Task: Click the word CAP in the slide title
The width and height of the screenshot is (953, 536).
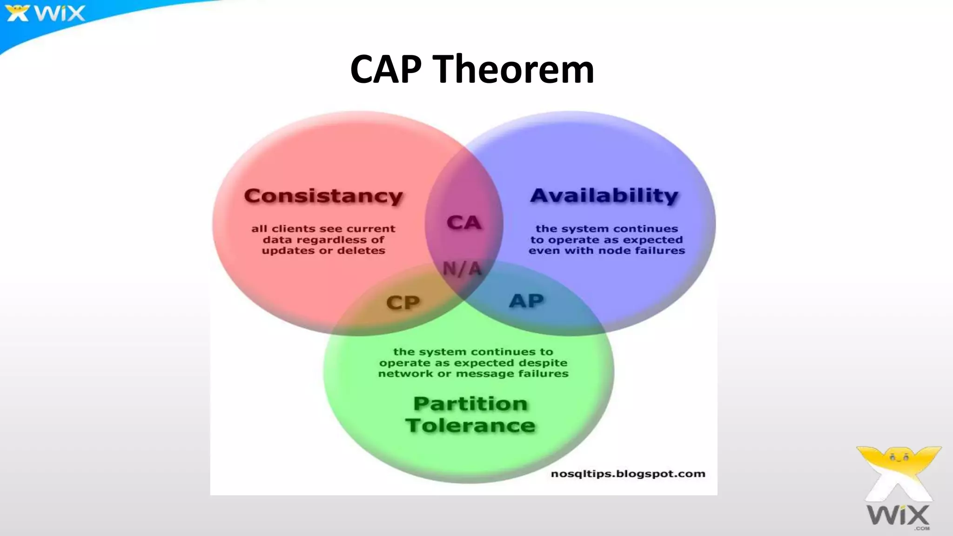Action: [386, 69]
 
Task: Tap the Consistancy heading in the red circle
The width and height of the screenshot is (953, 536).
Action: [323, 196]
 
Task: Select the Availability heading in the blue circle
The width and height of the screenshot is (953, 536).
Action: [604, 195]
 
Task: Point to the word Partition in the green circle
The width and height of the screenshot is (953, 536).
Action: [470, 403]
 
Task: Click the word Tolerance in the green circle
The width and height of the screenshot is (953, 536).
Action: [470, 425]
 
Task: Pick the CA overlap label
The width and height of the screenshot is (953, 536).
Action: [464, 223]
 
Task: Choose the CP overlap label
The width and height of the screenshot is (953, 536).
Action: [403, 303]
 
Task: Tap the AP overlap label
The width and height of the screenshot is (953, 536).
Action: [526, 301]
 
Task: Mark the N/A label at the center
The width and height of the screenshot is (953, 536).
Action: [462, 268]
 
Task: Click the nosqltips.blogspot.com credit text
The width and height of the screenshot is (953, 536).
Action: [628, 474]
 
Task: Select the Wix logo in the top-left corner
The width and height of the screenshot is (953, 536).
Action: [46, 13]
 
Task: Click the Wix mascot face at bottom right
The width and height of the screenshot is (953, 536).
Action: [899, 458]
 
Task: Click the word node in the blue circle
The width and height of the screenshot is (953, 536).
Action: [614, 251]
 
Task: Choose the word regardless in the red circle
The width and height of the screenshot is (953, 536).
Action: [328, 240]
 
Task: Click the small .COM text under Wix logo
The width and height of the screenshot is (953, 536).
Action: [921, 528]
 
